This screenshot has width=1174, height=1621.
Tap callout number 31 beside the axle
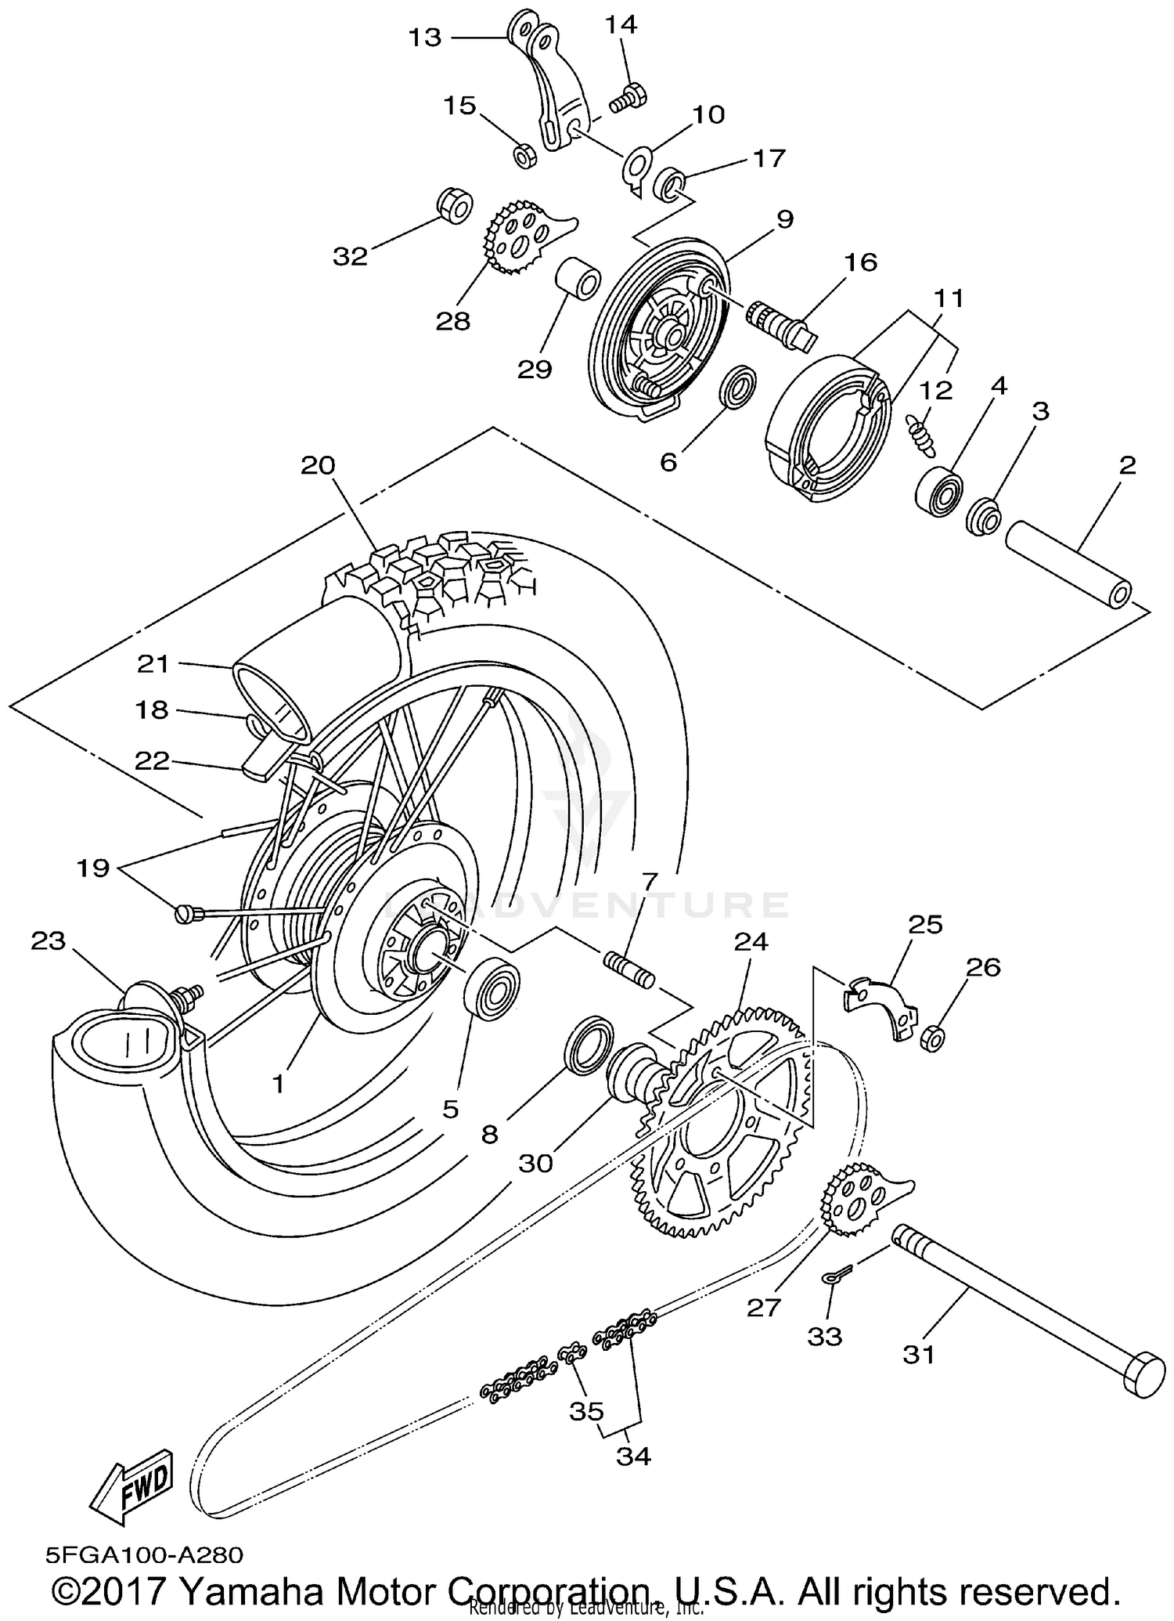(x=919, y=1354)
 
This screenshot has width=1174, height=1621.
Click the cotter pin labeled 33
(x=834, y=1277)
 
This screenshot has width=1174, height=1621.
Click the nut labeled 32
(x=454, y=205)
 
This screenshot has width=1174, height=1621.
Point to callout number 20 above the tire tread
(x=318, y=465)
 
